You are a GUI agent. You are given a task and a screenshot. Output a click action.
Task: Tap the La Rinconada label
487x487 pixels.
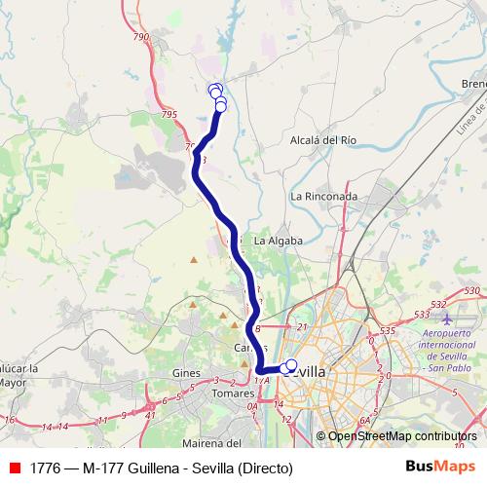pyautogui.click(x=323, y=196)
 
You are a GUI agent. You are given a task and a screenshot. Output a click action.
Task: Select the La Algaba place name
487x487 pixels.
pyautogui.click(x=278, y=240)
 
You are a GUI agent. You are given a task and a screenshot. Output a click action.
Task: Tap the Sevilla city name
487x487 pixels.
pyautogui.click(x=308, y=371)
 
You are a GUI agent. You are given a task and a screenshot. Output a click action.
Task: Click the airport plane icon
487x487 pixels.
pyautogui.click(x=447, y=318)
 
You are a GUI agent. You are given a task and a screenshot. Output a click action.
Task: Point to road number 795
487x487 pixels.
pyautogui.click(x=169, y=115)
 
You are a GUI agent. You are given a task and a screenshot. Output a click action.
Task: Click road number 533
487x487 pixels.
pyautogui.click(x=422, y=314)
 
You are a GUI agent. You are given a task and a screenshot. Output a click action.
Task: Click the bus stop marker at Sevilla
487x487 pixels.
pyautogui.click(x=290, y=365)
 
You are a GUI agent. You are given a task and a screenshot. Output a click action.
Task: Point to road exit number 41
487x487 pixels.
pyautogui.click(x=150, y=415)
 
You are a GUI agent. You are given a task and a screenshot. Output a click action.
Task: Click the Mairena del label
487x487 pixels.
pyautogui.click(x=210, y=417)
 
